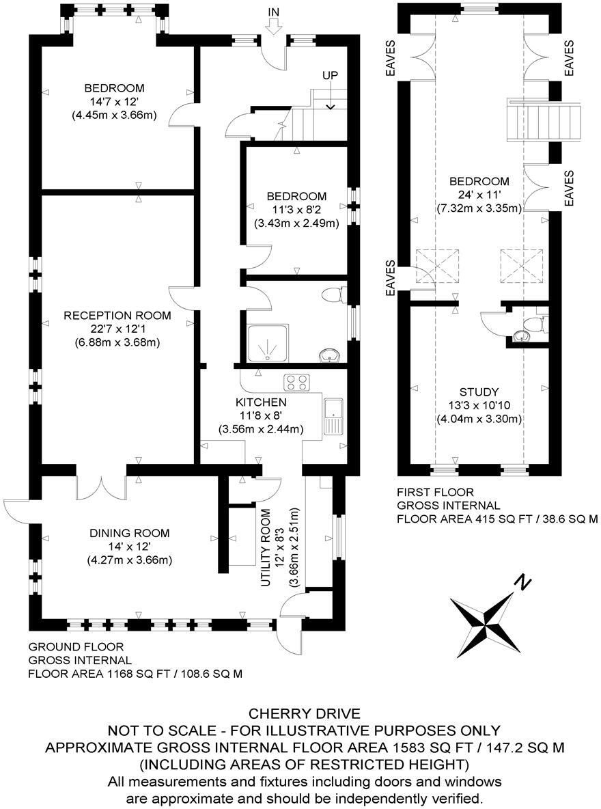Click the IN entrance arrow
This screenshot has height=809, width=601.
point(273,25)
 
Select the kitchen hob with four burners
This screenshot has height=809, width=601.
point(298,382)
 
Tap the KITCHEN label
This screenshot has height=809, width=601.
point(261,402)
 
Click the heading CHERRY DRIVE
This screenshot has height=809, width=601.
point(304,715)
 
